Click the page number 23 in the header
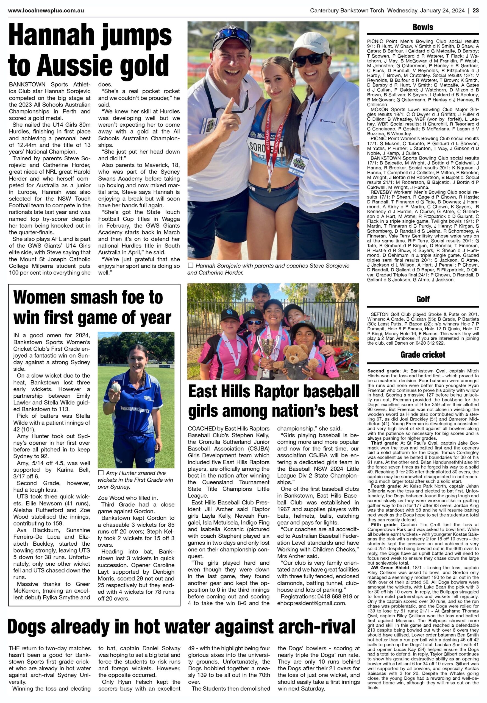pos(476,11)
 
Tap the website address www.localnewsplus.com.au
pos(46,11)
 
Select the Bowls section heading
pos(423,27)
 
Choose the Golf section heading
pos(423,299)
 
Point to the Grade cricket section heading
pos(423,355)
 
